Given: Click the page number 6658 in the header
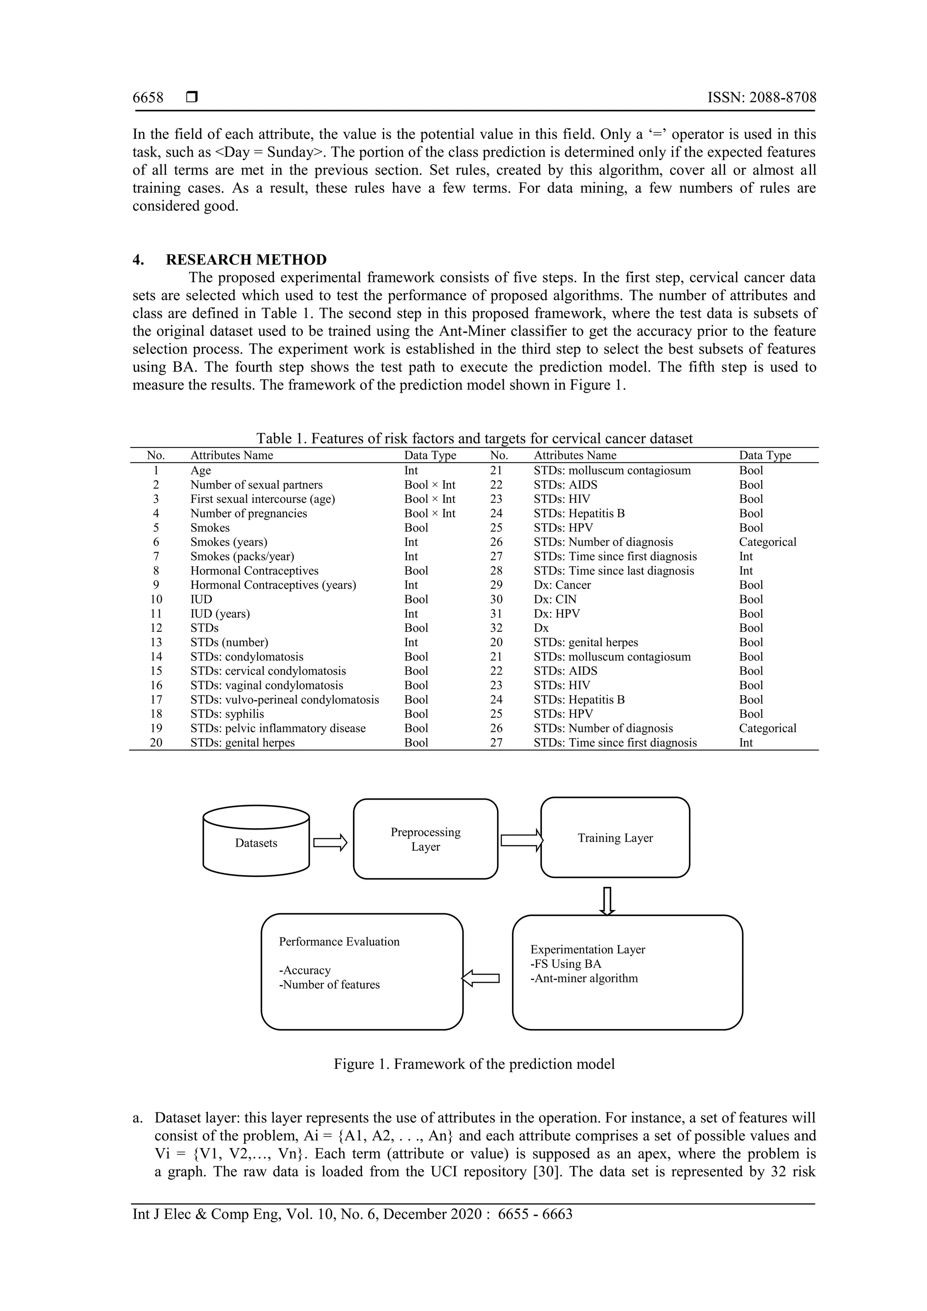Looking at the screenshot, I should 148,98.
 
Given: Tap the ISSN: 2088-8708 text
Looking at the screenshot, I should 761,98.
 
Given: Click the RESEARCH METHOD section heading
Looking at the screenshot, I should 246,260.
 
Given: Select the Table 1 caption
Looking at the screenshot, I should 474,439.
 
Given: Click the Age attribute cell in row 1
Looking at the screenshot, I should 201,471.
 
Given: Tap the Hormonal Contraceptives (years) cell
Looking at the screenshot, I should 273,585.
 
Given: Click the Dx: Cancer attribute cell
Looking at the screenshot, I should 562,585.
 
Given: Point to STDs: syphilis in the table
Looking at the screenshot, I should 227,714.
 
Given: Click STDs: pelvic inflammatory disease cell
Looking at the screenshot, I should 277,729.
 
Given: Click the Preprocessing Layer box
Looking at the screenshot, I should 425,839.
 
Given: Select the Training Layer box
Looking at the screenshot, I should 615,838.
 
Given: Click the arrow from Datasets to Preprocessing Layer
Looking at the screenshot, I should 330,843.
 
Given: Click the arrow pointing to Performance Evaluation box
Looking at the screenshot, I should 481,979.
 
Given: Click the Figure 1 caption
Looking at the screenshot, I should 474,1064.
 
